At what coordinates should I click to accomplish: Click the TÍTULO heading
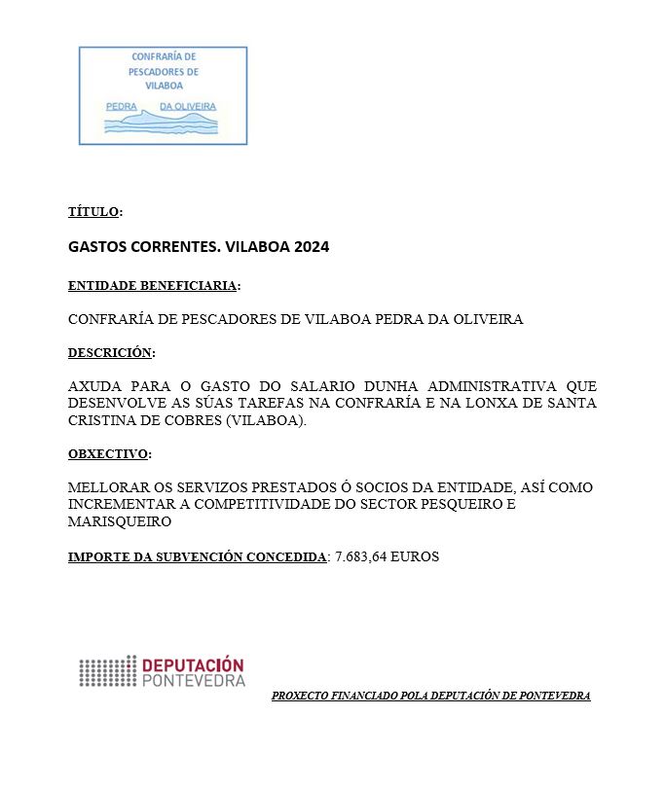point(93,212)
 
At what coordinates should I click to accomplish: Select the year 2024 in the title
point(311,247)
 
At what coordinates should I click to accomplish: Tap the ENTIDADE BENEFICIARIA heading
point(152,287)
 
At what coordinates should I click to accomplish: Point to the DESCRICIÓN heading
point(110,353)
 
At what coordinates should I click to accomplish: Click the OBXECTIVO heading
point(108,454)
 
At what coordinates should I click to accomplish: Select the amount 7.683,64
point(360,557)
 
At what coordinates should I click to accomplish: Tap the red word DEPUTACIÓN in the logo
point(193,665)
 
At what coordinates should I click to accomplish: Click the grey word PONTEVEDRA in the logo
point(193,681)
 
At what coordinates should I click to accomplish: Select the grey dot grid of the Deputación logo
point(108,672)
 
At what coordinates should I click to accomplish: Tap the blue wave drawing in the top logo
point(162,123)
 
